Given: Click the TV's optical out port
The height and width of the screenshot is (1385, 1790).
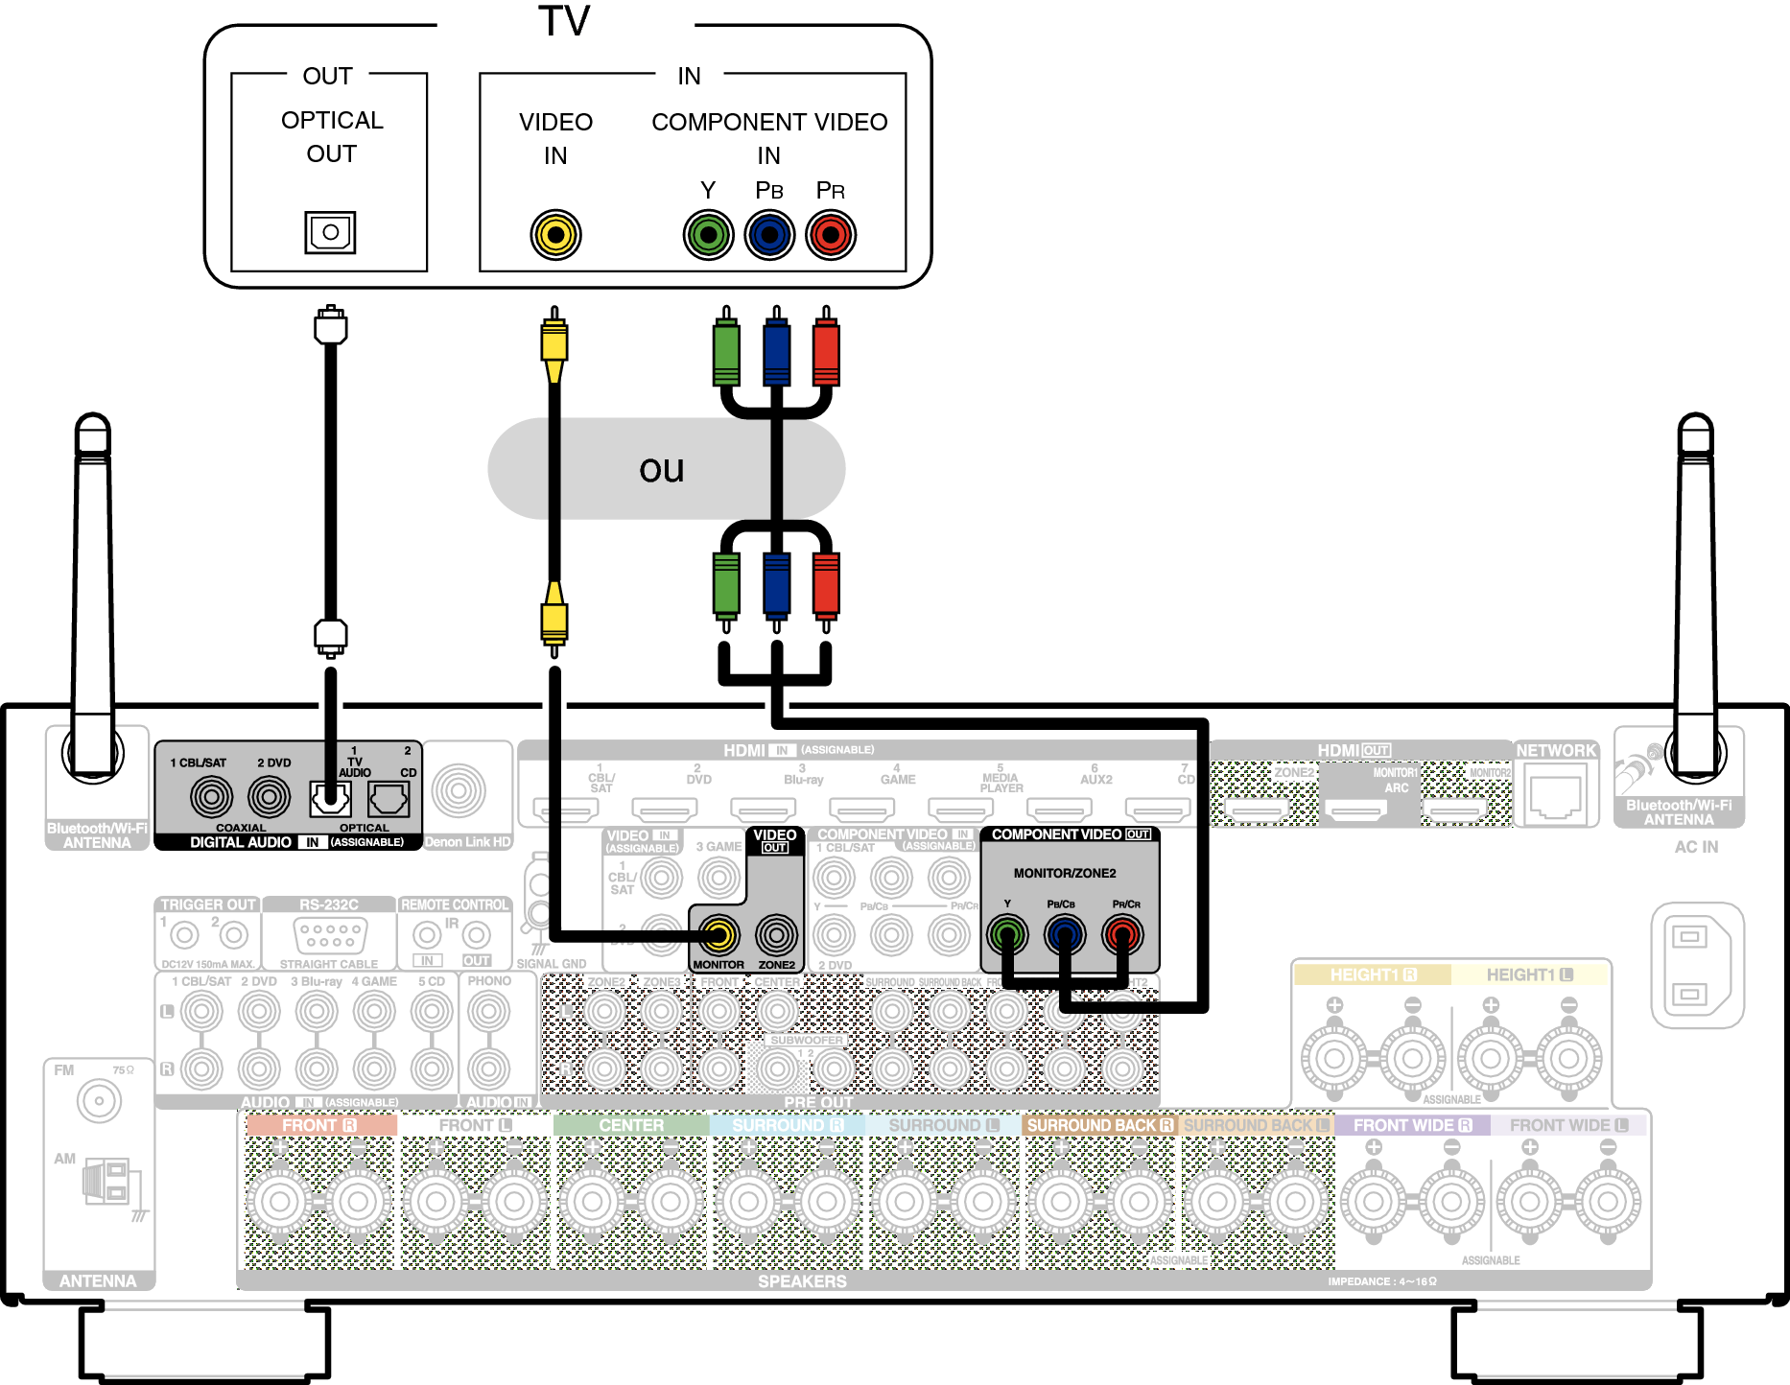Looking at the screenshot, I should [330, 232].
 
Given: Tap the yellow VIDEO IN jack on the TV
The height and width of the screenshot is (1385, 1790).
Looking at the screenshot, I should [555, 235].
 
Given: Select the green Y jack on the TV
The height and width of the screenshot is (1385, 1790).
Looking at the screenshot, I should [708, 235].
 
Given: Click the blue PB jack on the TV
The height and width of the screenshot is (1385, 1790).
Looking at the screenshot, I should [769, 235].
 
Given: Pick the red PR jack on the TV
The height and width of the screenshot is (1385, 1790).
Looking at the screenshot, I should [831, 235].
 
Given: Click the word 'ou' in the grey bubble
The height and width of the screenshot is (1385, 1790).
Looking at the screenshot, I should [662, 469].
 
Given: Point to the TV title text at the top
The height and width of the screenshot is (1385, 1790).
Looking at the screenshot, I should [564, 21].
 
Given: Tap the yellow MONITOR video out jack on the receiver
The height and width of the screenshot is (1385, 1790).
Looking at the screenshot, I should [718, 933].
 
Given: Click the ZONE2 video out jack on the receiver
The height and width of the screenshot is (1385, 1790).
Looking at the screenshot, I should [776, 933].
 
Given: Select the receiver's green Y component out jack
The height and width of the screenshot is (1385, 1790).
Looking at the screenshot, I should [1007, 933].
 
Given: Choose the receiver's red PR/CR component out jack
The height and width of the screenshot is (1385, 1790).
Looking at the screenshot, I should [1122, 933].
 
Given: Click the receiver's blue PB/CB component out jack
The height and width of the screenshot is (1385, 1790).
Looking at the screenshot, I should [1065, 933].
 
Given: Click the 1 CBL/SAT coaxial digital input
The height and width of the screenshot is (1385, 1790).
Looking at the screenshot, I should [211, 796].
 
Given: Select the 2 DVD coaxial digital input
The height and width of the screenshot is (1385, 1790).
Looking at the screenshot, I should [270, 796].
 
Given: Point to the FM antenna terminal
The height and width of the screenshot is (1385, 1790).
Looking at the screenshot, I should [99, 1101].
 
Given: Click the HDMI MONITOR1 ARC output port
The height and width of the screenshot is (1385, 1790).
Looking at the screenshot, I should [1354, 811].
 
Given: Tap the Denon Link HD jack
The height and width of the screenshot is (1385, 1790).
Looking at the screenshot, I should [459, 790].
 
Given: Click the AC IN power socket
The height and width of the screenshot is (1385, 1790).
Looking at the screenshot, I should [1696, 964].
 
